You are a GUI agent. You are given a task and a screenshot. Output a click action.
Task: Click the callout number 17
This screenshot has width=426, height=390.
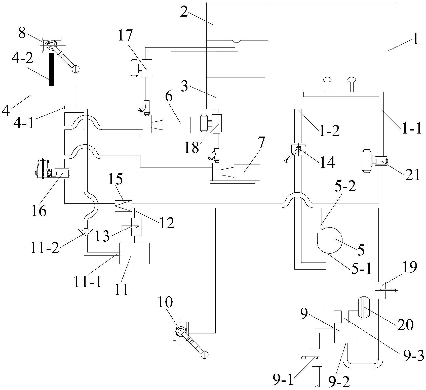tap(125, 36)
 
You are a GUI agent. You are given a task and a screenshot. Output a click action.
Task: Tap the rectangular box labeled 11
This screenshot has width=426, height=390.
tap(134, 253)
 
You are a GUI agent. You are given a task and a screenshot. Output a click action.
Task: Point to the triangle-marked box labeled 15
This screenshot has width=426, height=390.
tap(123, 206)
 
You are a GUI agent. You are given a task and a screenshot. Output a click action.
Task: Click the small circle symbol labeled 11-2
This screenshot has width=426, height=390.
tap(86, 231)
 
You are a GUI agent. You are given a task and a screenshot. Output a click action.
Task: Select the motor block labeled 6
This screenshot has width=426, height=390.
tap(177, 124)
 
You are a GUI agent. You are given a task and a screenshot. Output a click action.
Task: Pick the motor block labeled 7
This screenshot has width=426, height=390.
tap(247, 172)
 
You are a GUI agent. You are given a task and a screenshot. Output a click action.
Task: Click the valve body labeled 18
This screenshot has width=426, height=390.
tap(216, 123)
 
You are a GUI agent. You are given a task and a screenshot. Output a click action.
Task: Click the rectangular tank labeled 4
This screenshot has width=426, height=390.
tap(49, 96)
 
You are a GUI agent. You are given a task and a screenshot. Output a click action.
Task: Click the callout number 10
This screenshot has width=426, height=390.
tap(165, 302)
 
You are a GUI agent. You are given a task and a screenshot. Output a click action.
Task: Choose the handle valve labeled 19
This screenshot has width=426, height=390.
tap(380, 290)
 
